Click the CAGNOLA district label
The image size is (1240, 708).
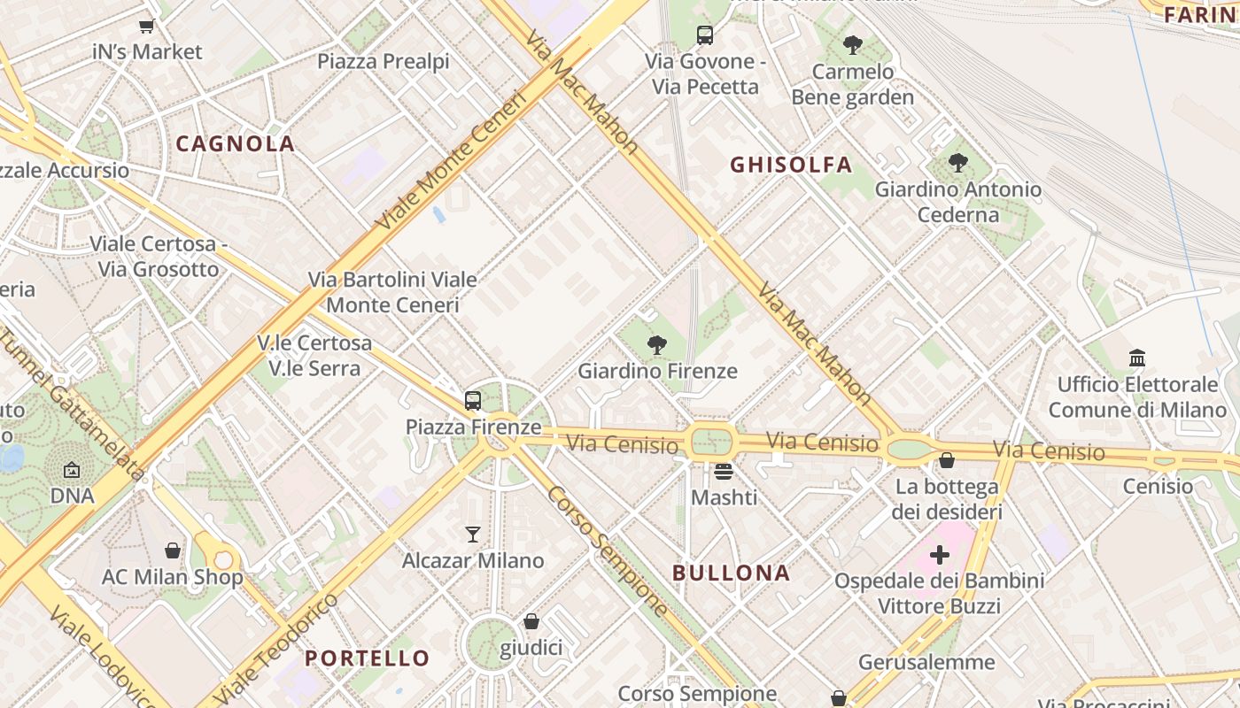click(235, 143)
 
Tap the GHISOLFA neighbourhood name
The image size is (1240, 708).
click(791, 165)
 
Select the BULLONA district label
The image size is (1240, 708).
click(731, 573)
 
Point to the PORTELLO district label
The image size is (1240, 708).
click(368, 658)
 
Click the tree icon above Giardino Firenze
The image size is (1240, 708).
click(656, 345)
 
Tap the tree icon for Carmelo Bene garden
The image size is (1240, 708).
click(853, 44)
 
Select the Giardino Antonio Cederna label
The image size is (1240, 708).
click(957, 202)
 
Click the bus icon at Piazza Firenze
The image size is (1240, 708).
click(473, 401)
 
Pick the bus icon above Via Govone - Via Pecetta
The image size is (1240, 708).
click(705, 35)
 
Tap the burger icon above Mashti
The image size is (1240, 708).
click(724, 472)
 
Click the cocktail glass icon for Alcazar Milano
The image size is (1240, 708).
click(473, 535)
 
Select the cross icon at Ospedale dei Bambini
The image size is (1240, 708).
click(940, 556)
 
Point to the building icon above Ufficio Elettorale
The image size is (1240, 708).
click(1137, 358)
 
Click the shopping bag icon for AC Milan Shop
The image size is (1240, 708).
click(172, 551)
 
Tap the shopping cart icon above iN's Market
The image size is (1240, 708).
click(147, 26)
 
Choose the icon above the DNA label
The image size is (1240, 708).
click(72, 470)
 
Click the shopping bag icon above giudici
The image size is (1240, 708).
click(531, 622)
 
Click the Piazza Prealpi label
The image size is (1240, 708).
click(384, 61)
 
